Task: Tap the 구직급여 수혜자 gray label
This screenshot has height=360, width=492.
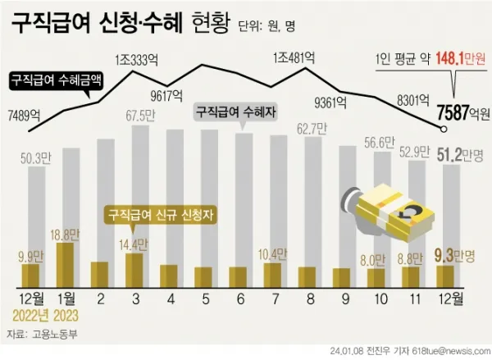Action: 234,109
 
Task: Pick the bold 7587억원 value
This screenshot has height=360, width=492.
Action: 463,112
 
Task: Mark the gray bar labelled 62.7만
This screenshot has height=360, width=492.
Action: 307,213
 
